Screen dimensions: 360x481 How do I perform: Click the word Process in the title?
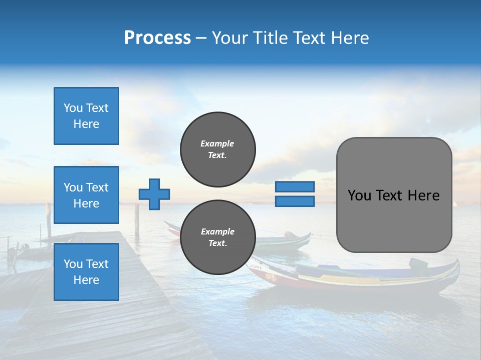click(x=157, y=38)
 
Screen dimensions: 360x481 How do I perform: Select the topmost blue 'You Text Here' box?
click(x=86, y=116)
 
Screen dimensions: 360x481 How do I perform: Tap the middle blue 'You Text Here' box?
click(x=86, y=195)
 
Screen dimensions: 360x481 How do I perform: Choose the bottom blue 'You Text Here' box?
click(x=86, y=271)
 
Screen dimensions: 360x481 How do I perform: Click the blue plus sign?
click(x=154, y=194)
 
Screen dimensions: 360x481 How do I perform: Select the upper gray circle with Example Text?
click(x=218, y=149)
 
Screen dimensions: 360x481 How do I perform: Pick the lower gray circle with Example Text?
click(x=218, y=237)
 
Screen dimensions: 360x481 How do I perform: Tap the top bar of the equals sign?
click(x=295, y=186)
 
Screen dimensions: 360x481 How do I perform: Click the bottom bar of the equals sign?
click(x=295, y=201)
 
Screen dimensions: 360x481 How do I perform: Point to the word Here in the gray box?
click(x=423, y=195)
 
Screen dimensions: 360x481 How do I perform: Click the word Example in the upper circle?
click(x=217, y=143)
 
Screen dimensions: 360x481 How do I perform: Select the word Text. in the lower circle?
click(x=217, y=243)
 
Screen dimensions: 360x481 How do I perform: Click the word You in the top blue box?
click(x=73, y=108)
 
